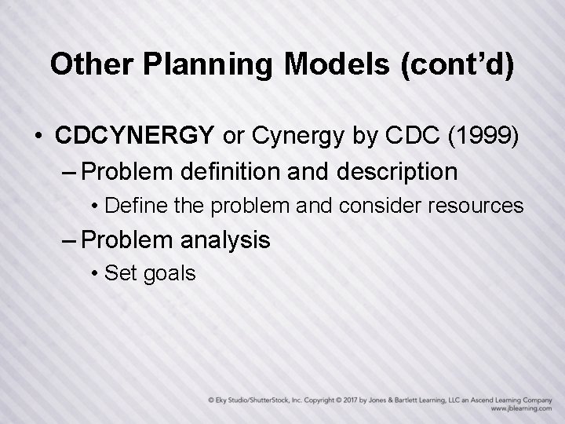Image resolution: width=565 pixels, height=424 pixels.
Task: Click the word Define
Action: pos(129,206)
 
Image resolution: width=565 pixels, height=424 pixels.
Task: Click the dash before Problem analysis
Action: pos(68,240)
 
